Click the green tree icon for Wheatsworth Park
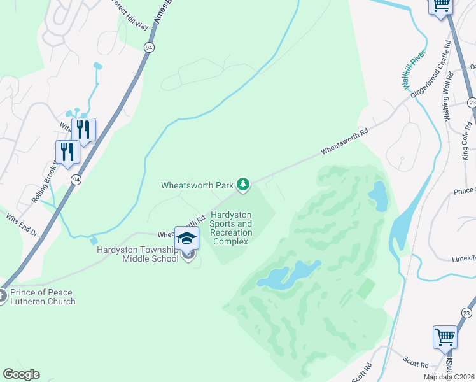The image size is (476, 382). coord(242,185)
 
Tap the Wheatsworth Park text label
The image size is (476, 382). coord(197,185)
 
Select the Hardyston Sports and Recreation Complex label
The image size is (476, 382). coord(231,229)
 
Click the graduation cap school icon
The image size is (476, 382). coord(186,238)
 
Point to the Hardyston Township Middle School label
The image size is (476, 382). coord(137,255)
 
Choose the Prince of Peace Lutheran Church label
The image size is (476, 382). coord(43,297)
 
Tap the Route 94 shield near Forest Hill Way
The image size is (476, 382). coord(148,48)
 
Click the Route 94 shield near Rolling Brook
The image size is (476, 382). coord(76,180)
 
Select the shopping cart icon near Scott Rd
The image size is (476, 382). coord(444,337)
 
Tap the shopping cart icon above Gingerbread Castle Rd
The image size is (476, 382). coord(440,6)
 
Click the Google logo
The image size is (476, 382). coord(21,374)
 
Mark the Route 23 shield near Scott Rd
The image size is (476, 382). coord(466,313)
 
